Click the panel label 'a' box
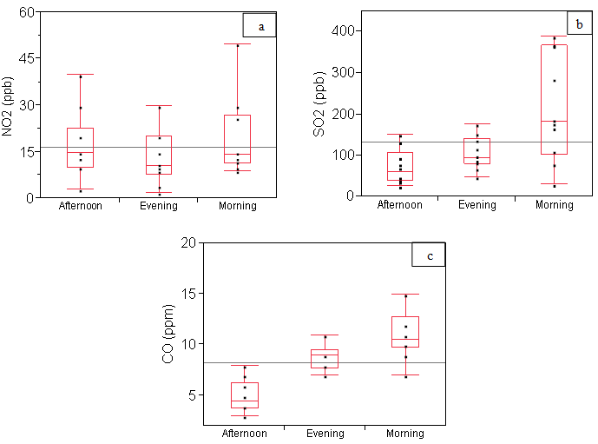click(260, 27)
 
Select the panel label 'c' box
click(429, 255)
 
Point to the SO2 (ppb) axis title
click(308, 104)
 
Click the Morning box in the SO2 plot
click(554, 100)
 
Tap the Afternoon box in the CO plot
click(244, 395)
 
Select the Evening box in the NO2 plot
click(159, 155)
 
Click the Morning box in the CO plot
click(405, 332)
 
